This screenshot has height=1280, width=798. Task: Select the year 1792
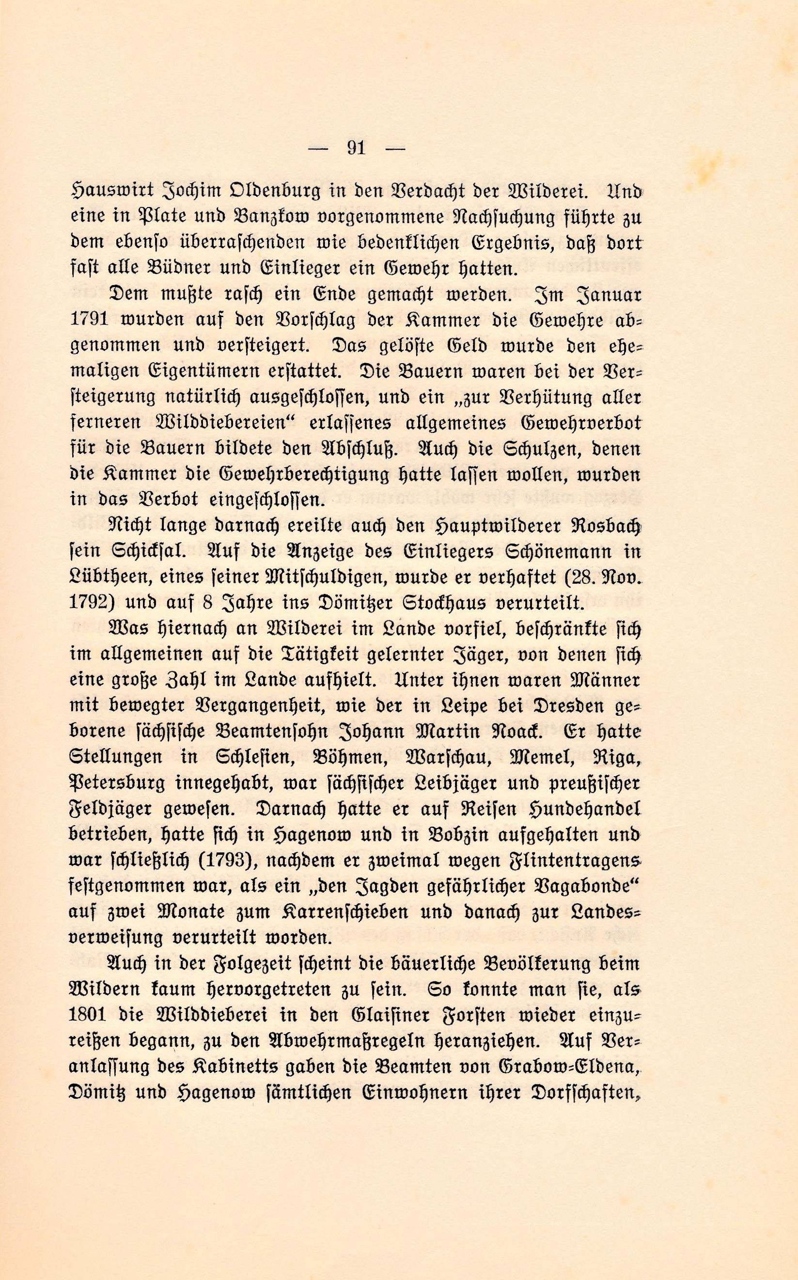(x=87, y=603)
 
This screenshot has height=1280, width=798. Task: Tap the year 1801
(x=87, y=1015)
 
